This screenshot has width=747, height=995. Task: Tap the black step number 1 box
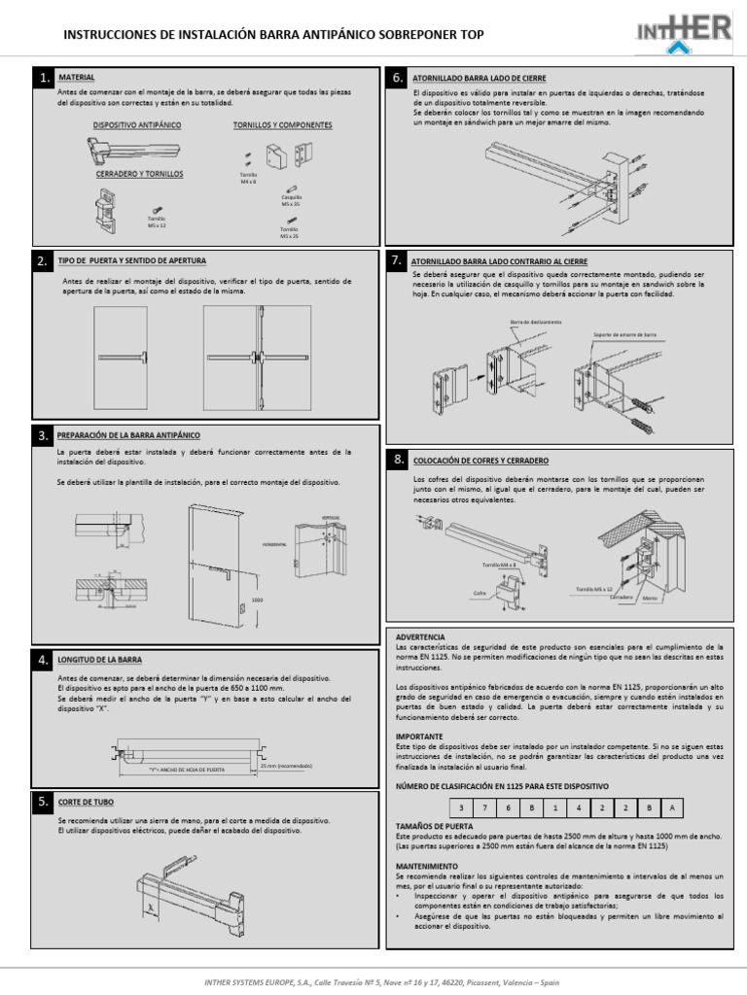coord(44,77)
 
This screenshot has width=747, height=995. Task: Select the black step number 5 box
coord(44,803)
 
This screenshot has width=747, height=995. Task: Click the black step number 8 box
coord(398,459)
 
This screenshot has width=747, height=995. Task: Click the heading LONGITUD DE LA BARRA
coord(100,660)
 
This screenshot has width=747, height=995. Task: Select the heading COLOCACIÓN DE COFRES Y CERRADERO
coord(481,459)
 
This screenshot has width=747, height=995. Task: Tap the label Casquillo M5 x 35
coord(292,201)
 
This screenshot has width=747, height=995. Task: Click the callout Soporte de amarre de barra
coord(627,336)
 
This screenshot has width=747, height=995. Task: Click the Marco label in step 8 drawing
coord(649,599)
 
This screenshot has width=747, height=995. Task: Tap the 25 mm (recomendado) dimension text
coord(286,765)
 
